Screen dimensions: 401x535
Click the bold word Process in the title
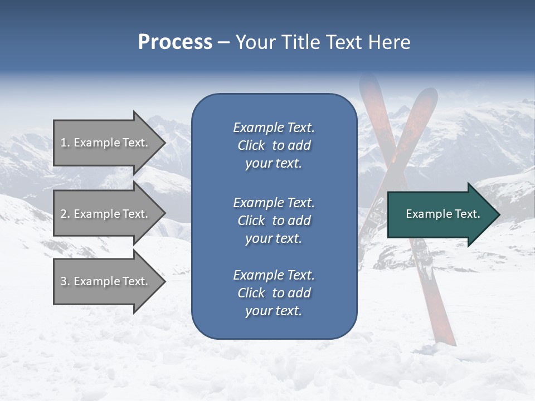[175, 42]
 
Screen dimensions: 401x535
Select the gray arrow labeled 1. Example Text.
[106, 143]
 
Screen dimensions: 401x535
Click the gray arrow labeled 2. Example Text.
[106, 214]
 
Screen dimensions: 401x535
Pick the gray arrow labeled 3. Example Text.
[106, 281]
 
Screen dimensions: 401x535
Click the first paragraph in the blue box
[274, 145]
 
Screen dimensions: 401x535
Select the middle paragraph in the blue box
[274, 221]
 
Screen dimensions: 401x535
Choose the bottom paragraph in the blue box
[274, 293]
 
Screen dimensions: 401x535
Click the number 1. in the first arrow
[65, 143]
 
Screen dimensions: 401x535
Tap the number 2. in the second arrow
[65, 214]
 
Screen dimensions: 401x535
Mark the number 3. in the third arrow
[65, 281]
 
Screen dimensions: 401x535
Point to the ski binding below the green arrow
[427, 267]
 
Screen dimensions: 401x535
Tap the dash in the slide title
[223, 43]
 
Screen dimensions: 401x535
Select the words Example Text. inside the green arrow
[442, 214]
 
